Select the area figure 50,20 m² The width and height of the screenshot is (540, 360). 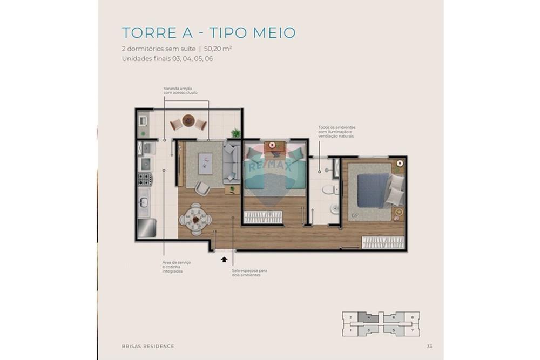(218, 49)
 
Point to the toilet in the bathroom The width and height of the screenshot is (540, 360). (328, 189)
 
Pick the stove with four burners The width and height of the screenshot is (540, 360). (145, 179)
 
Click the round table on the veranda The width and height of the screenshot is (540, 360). (188, 120)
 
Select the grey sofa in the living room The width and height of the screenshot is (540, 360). (232, 162)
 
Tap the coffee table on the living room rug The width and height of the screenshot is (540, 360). (206, 162)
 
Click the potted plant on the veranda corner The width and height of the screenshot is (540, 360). (235, 132)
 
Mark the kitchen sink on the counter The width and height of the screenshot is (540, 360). (144, 202)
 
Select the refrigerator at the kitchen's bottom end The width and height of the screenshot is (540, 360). (146, 228)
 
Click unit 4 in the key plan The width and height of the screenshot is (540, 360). (368, 318)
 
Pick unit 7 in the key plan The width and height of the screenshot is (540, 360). (413, 329)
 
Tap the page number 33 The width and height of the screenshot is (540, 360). (429, 347)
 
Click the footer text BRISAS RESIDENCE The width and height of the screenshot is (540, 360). (148, 347)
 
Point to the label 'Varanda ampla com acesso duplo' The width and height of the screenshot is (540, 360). (180, 90)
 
